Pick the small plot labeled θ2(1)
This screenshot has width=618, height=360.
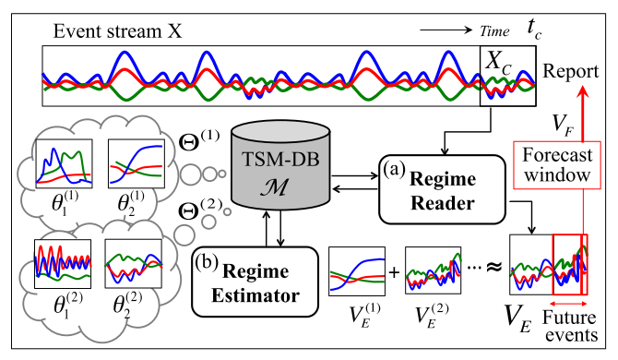pos(135,166)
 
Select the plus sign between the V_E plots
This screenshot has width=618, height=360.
pos(395,274)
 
